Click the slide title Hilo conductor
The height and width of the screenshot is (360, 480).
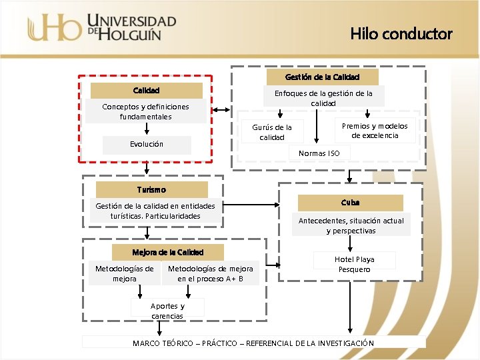click(x=401, y=33)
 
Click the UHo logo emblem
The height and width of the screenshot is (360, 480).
click(x=55, y=28)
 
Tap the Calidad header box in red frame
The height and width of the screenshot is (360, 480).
click(x=146, y=90)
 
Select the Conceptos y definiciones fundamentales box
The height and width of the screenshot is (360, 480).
click(x=145, y=111)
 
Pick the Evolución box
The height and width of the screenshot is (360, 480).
click(x=147, y=144)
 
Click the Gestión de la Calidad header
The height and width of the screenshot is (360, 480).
click(x=322, y=77)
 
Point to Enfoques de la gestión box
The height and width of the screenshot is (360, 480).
click(x=323, y=98)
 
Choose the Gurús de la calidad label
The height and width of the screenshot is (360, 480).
click(x=271, y=131)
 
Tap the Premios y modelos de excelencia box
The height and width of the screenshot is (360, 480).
click(x=374, y=131)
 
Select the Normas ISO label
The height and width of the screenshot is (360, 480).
click(x=319, y=153)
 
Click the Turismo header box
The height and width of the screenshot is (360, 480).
click(x=151, y=189)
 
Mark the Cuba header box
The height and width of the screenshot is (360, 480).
click(x=350, y=202)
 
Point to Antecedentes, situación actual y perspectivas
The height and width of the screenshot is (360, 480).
click(x=351, y=225)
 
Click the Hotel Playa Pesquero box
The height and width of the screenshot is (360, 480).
click(x=355, y=264)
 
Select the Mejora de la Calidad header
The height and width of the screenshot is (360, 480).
click(x=167, y=252)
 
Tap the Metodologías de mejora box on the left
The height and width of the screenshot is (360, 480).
click(x=124, y=273)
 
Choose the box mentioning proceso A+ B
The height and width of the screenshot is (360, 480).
click(x=210, y=273)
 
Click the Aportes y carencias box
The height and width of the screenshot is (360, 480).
click(x=167, y=311)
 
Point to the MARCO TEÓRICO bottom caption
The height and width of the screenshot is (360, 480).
click(x=253, y=343)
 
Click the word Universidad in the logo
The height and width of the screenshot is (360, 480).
click(x=132, y=21)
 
